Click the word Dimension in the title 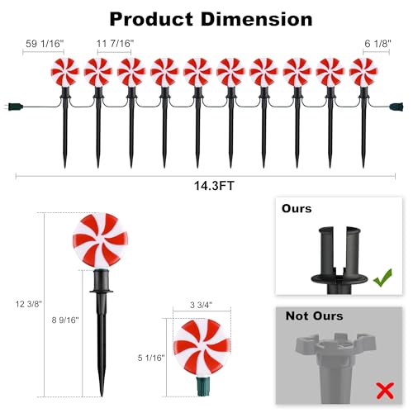(257, 19)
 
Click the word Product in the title (151, 19)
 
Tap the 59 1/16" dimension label (45, 44)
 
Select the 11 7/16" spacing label (115, 44)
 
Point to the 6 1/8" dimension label (377, 44)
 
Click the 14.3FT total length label (214, 186)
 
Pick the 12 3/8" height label (29, 304)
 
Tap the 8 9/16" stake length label (65, 320)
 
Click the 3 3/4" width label (202, 305)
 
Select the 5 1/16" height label (151, 358)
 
